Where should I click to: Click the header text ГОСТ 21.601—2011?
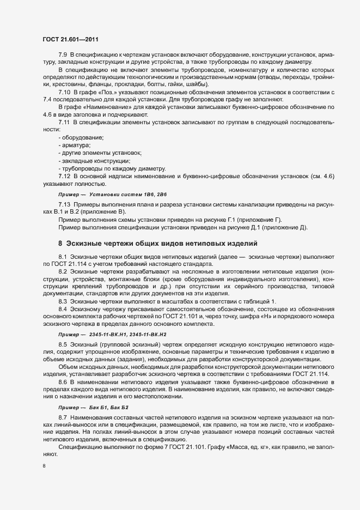70,39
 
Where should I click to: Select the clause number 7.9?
63,56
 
